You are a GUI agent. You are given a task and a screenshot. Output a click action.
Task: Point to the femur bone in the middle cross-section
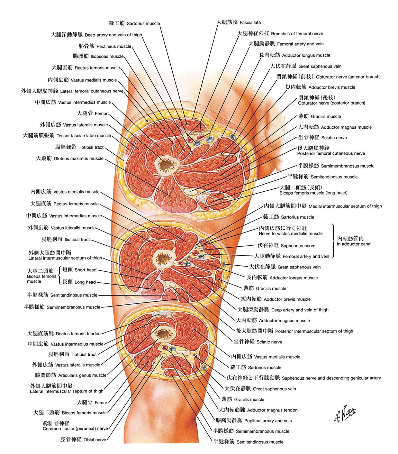click(x=164, y=258)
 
